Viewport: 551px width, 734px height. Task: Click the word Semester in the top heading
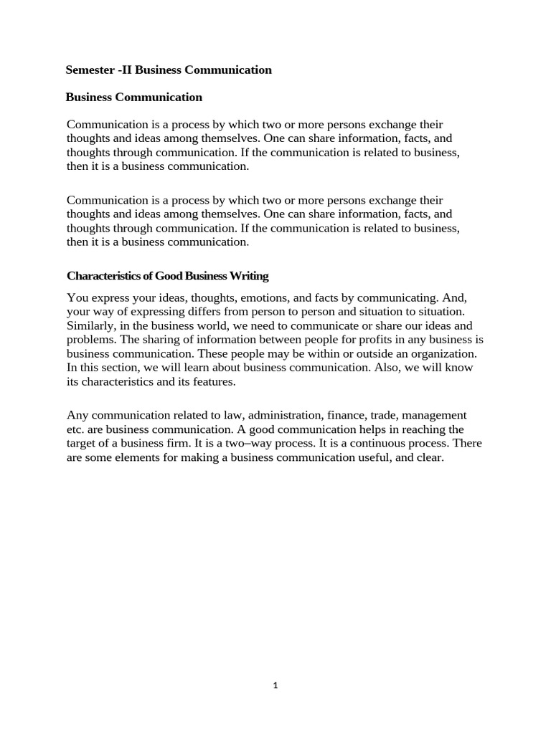click(88, 70)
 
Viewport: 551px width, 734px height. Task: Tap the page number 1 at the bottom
click(275, 685)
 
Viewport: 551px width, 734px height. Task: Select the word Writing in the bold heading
click(248, 276)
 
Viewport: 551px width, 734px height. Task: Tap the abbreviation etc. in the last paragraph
click(75, 429)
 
